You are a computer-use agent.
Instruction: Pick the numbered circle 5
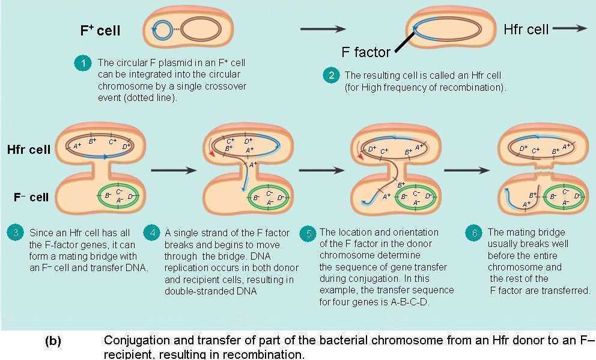[308, 233]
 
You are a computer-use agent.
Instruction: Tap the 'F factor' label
[366, 52]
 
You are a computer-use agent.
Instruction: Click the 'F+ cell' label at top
[100, 31]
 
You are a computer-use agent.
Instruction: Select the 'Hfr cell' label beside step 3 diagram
[29, 150]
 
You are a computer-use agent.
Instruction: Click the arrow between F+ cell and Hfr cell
[323, 29]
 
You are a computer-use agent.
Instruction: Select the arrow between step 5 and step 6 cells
[466, 170]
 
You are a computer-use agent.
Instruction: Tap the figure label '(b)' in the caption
[53, 341]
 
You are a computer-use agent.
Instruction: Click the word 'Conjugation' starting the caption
[136, 340]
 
